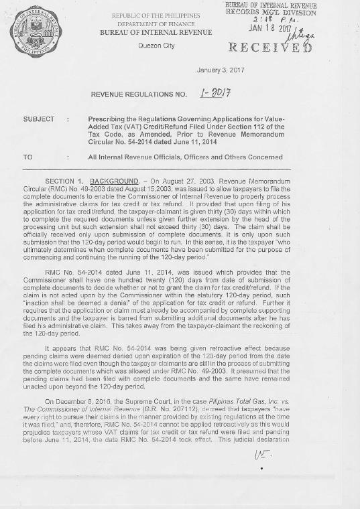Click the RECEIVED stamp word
point(272,48)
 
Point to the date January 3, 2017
point(222,70)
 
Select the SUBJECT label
point(38,119)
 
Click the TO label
point(27,157)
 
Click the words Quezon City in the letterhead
point(156,46)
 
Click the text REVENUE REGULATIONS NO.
point(138,94)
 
